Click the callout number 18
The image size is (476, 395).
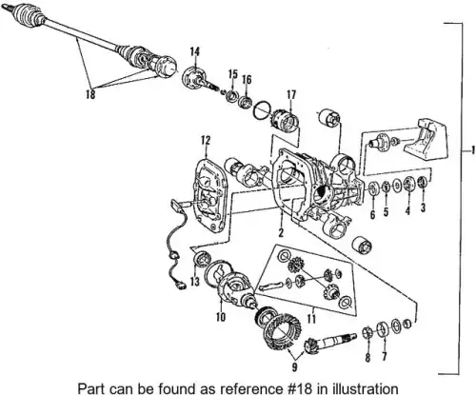coord(90,94)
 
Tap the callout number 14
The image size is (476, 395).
coord(195,52)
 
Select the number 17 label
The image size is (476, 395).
coord(291,94)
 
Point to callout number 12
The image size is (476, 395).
coord(206,140)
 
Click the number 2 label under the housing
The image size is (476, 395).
coord(281,232)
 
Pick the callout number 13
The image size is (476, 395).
coord(195,282)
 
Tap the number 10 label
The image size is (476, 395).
coord(221,317)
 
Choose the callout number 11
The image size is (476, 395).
coord(311,319)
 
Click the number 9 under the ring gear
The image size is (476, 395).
coord(295,367)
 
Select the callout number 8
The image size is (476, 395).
coord(367,358)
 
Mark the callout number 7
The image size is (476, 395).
coord(385,356)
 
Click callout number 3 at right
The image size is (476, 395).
coord(423,207)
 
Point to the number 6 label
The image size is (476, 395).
coord(372,215)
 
